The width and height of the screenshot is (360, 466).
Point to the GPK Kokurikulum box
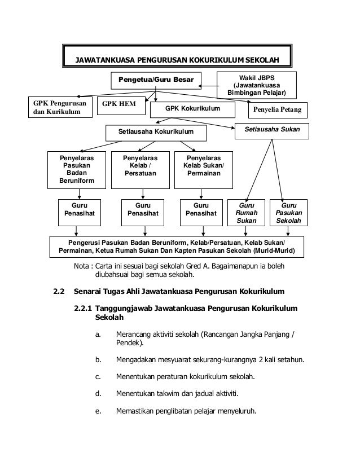[x=192, y=108]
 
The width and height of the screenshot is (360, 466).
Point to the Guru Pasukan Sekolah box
[x=288, y=213]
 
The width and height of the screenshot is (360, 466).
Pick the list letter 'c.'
[x=98, y=376]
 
